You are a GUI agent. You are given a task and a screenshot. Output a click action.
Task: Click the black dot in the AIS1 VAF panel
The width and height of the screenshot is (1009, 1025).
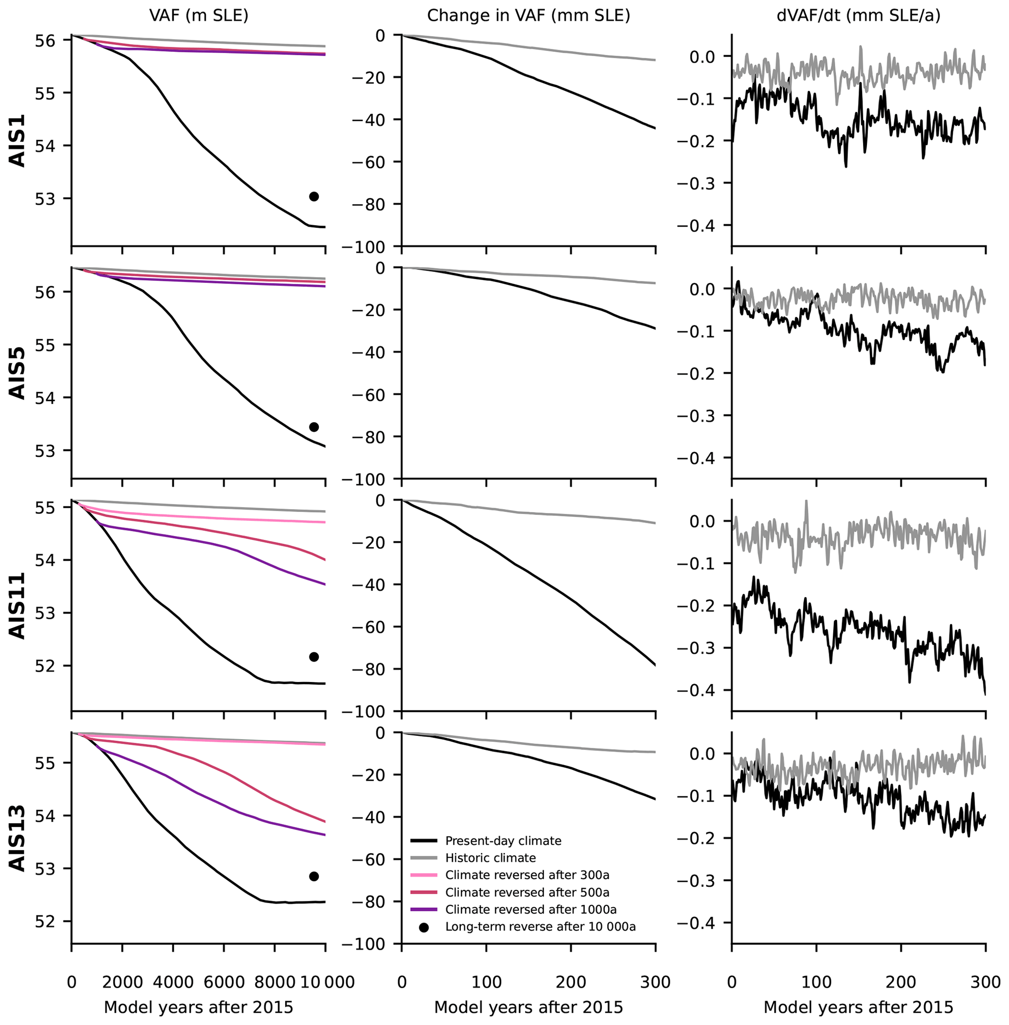click(314, 197)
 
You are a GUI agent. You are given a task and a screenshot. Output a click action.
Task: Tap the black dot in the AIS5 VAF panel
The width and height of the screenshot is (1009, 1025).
click(314, 427)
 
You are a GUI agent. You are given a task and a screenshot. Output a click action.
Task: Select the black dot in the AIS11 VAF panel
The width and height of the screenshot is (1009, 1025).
click(314, 657)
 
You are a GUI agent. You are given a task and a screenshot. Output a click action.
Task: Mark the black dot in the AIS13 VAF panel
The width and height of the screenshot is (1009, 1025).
click(314, 876)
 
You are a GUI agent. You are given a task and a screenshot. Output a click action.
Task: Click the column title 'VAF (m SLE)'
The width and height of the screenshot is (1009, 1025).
click(199, 16)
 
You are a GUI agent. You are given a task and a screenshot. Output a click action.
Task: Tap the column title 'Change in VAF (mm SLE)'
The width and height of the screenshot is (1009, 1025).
click(528, 16)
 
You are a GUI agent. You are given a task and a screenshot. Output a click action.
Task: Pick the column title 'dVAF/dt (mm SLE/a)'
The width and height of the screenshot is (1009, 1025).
click(859, 16)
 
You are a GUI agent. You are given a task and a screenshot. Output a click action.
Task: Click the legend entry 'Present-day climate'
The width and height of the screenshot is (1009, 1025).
click(503, 841)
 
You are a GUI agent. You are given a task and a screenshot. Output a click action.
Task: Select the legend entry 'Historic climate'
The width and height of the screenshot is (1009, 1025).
click(490, 858)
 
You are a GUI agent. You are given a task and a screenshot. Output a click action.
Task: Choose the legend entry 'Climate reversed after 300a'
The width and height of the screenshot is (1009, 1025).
click(527, 875)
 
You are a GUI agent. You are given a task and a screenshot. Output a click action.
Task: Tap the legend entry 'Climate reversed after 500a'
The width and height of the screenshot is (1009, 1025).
click(527, 893)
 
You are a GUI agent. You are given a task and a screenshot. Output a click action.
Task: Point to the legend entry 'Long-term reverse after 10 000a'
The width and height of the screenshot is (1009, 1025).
click(540, 927)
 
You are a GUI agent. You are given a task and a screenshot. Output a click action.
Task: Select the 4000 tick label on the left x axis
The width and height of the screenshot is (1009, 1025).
click(173, 982)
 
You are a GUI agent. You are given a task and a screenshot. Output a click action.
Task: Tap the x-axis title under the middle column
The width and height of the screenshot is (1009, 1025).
click(528, 1007)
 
